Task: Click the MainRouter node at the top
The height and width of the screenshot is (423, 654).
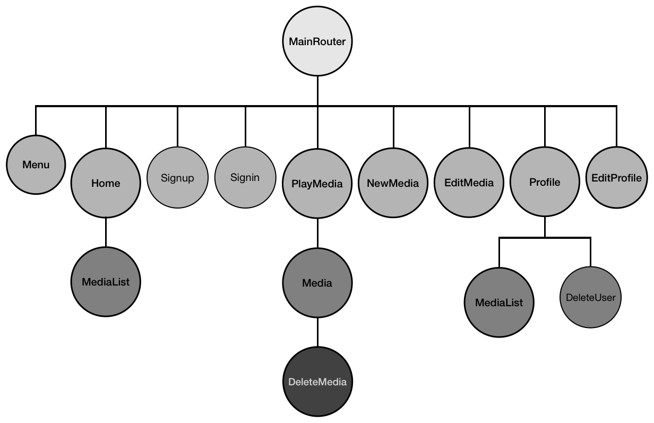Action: tap(317, 41)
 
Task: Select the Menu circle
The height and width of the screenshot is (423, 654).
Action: tap(36, 165)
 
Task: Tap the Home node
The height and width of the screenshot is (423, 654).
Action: tap(106, 183)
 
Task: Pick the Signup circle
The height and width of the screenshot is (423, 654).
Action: tap(177, 177)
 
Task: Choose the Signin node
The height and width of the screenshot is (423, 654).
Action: tap(245, 177)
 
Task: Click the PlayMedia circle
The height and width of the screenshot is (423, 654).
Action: tap(317, 183)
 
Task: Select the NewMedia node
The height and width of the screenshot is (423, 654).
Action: tap(393, 183)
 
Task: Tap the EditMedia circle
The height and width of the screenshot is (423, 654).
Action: tap(469, 183)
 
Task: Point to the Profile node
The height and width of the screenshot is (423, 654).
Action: tap(545, 182)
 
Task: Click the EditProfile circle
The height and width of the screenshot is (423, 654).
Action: tap(616, 178)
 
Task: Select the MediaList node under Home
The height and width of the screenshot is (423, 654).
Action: tap(106, 282)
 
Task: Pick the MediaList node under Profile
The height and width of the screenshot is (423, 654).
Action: tap(499, 303)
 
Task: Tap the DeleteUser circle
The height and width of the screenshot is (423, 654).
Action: tap(590, 297)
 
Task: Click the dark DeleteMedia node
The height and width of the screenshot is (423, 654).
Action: tap(317, 382)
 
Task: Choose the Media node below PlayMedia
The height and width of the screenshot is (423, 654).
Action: tap(317, 283)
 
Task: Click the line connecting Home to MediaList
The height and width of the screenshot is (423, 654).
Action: tap(106, 232)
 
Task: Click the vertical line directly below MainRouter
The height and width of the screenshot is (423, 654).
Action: tap(317, 90)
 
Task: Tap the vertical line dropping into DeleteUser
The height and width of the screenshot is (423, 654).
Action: tap(590, 252)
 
